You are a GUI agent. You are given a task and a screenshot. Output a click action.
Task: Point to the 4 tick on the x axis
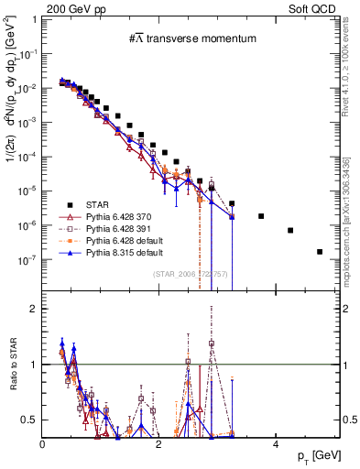pyautogui.click(x=275, y=444)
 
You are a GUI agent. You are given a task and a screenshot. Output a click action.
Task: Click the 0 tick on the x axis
pyautogui.click(x=43, y=444)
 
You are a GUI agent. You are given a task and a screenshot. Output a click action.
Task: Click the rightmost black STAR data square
pyautogui.click(x=320, y=251)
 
